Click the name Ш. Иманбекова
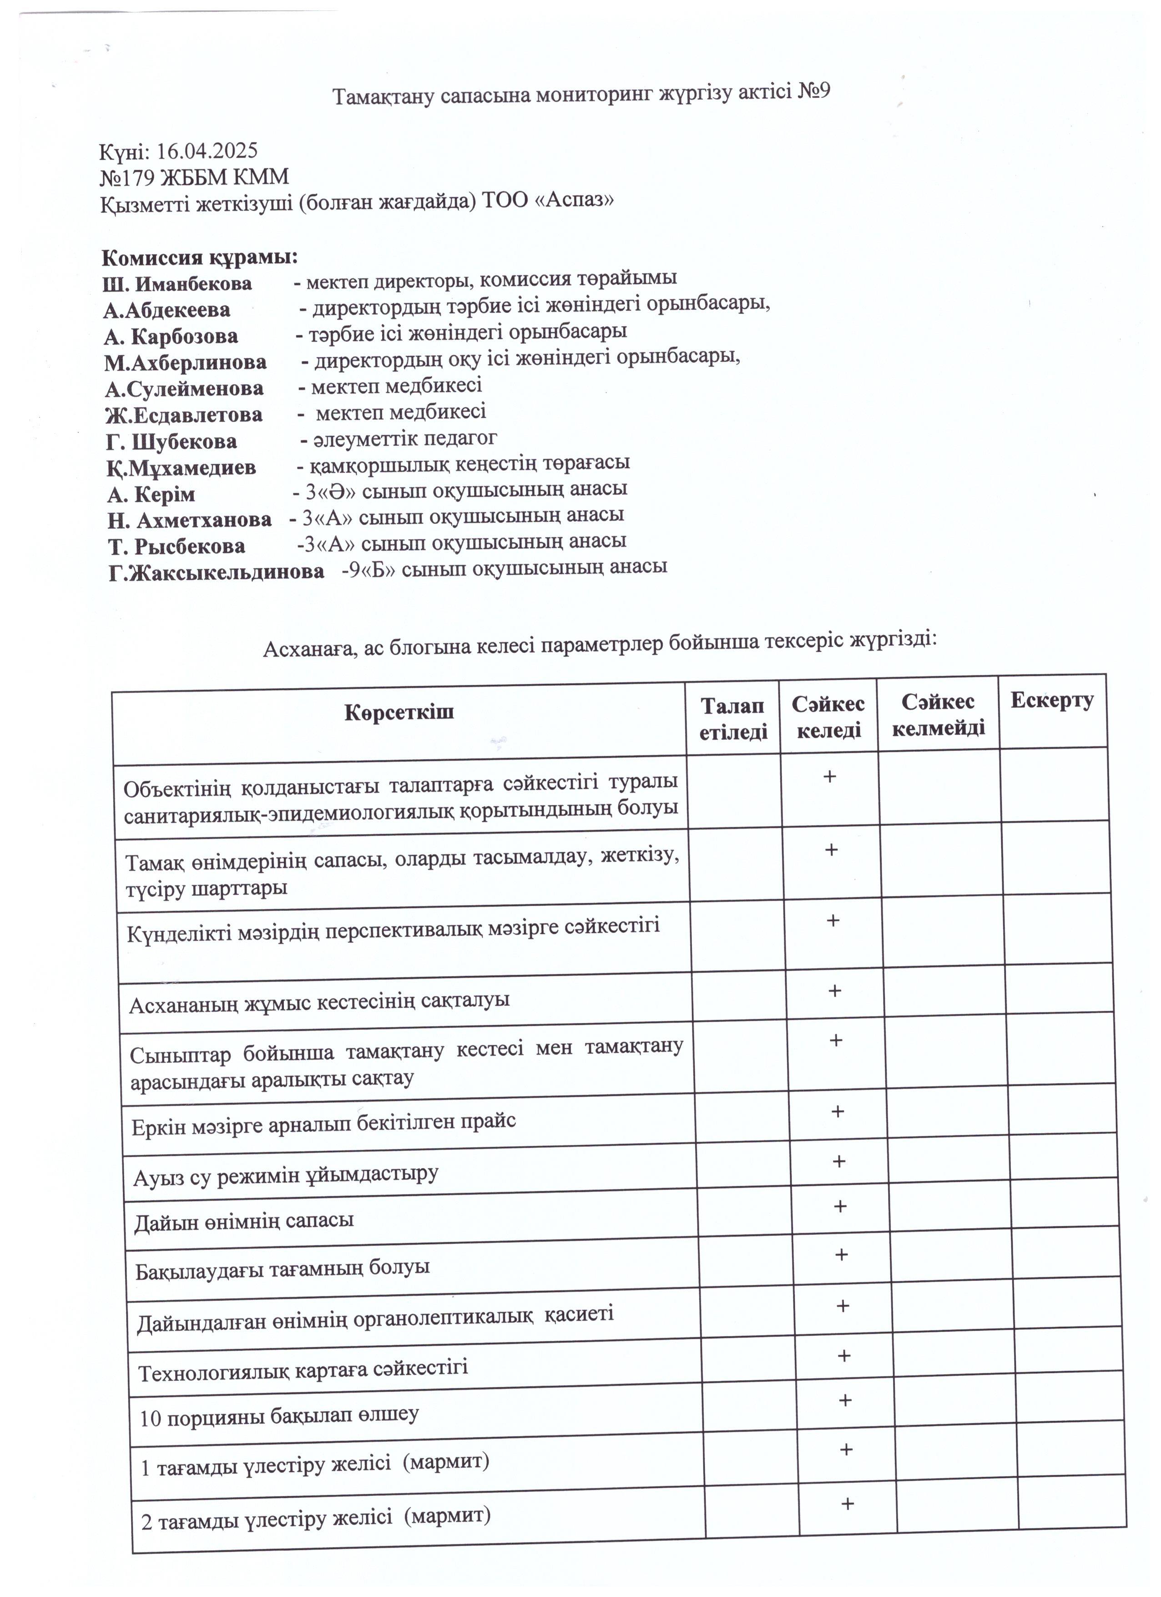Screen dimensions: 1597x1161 177,284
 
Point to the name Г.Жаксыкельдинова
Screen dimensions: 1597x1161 217,572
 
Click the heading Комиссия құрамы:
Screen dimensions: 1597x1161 200,258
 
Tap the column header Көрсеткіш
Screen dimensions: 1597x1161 399,712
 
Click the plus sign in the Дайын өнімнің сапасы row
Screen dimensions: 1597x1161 839,1207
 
